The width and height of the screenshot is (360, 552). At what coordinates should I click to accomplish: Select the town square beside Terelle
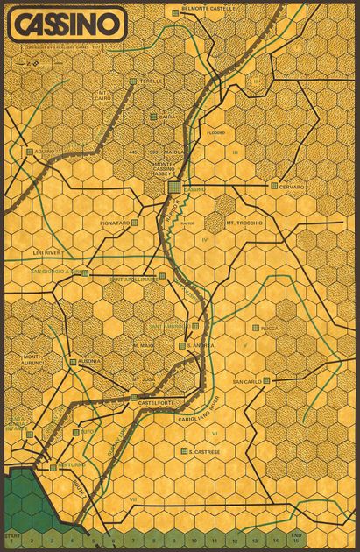coord(133,81)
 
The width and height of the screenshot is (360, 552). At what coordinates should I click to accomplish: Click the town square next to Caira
coord(152,117)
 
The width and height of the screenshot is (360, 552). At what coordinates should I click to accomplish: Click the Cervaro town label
coord(292,187)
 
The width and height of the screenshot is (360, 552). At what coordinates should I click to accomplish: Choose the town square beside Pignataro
coord(134,223)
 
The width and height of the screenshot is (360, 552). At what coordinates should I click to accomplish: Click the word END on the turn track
coord(296,534)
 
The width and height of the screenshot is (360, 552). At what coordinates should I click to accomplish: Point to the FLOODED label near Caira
coord(215,133)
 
